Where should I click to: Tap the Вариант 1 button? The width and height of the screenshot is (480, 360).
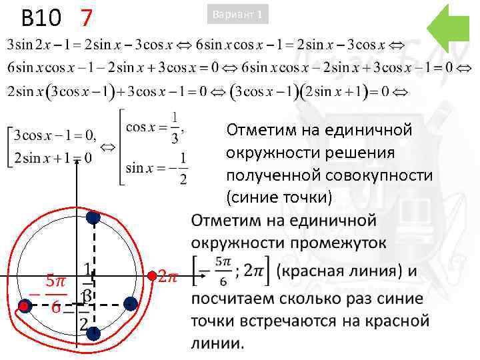click(x=239, y=14)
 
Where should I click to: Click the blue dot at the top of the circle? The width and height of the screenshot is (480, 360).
click(x=93, y=217)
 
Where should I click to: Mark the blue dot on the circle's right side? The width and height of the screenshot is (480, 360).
click(x=131, y=304)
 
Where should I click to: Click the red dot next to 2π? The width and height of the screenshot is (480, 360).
click(x=152, y=275)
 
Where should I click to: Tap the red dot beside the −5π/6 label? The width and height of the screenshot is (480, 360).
click(x=25, y=306)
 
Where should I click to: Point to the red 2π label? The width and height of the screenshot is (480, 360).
click(x=169, y=277)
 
